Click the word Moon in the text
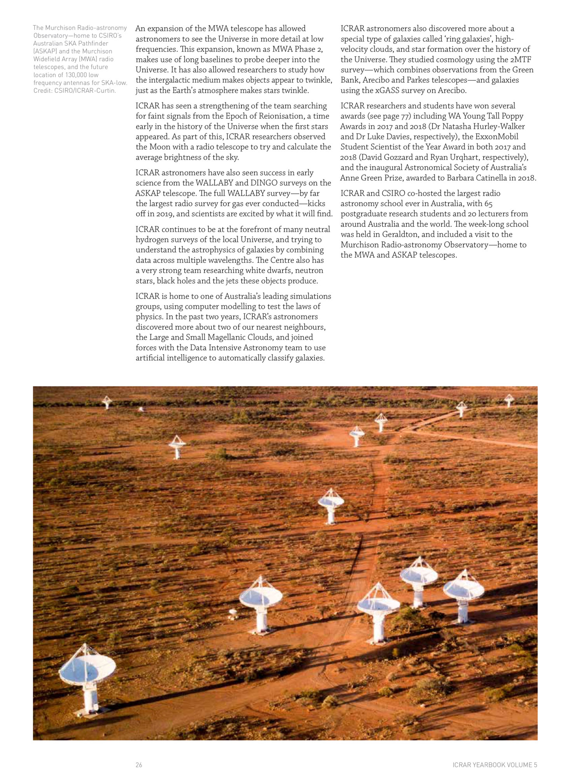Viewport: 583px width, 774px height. [159, 147]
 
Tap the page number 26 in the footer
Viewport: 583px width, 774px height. [139, 765]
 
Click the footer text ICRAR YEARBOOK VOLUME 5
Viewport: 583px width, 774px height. [494, 765]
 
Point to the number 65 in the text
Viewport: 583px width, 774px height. [489, 204]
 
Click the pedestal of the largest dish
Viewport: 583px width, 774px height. [91, 701]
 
